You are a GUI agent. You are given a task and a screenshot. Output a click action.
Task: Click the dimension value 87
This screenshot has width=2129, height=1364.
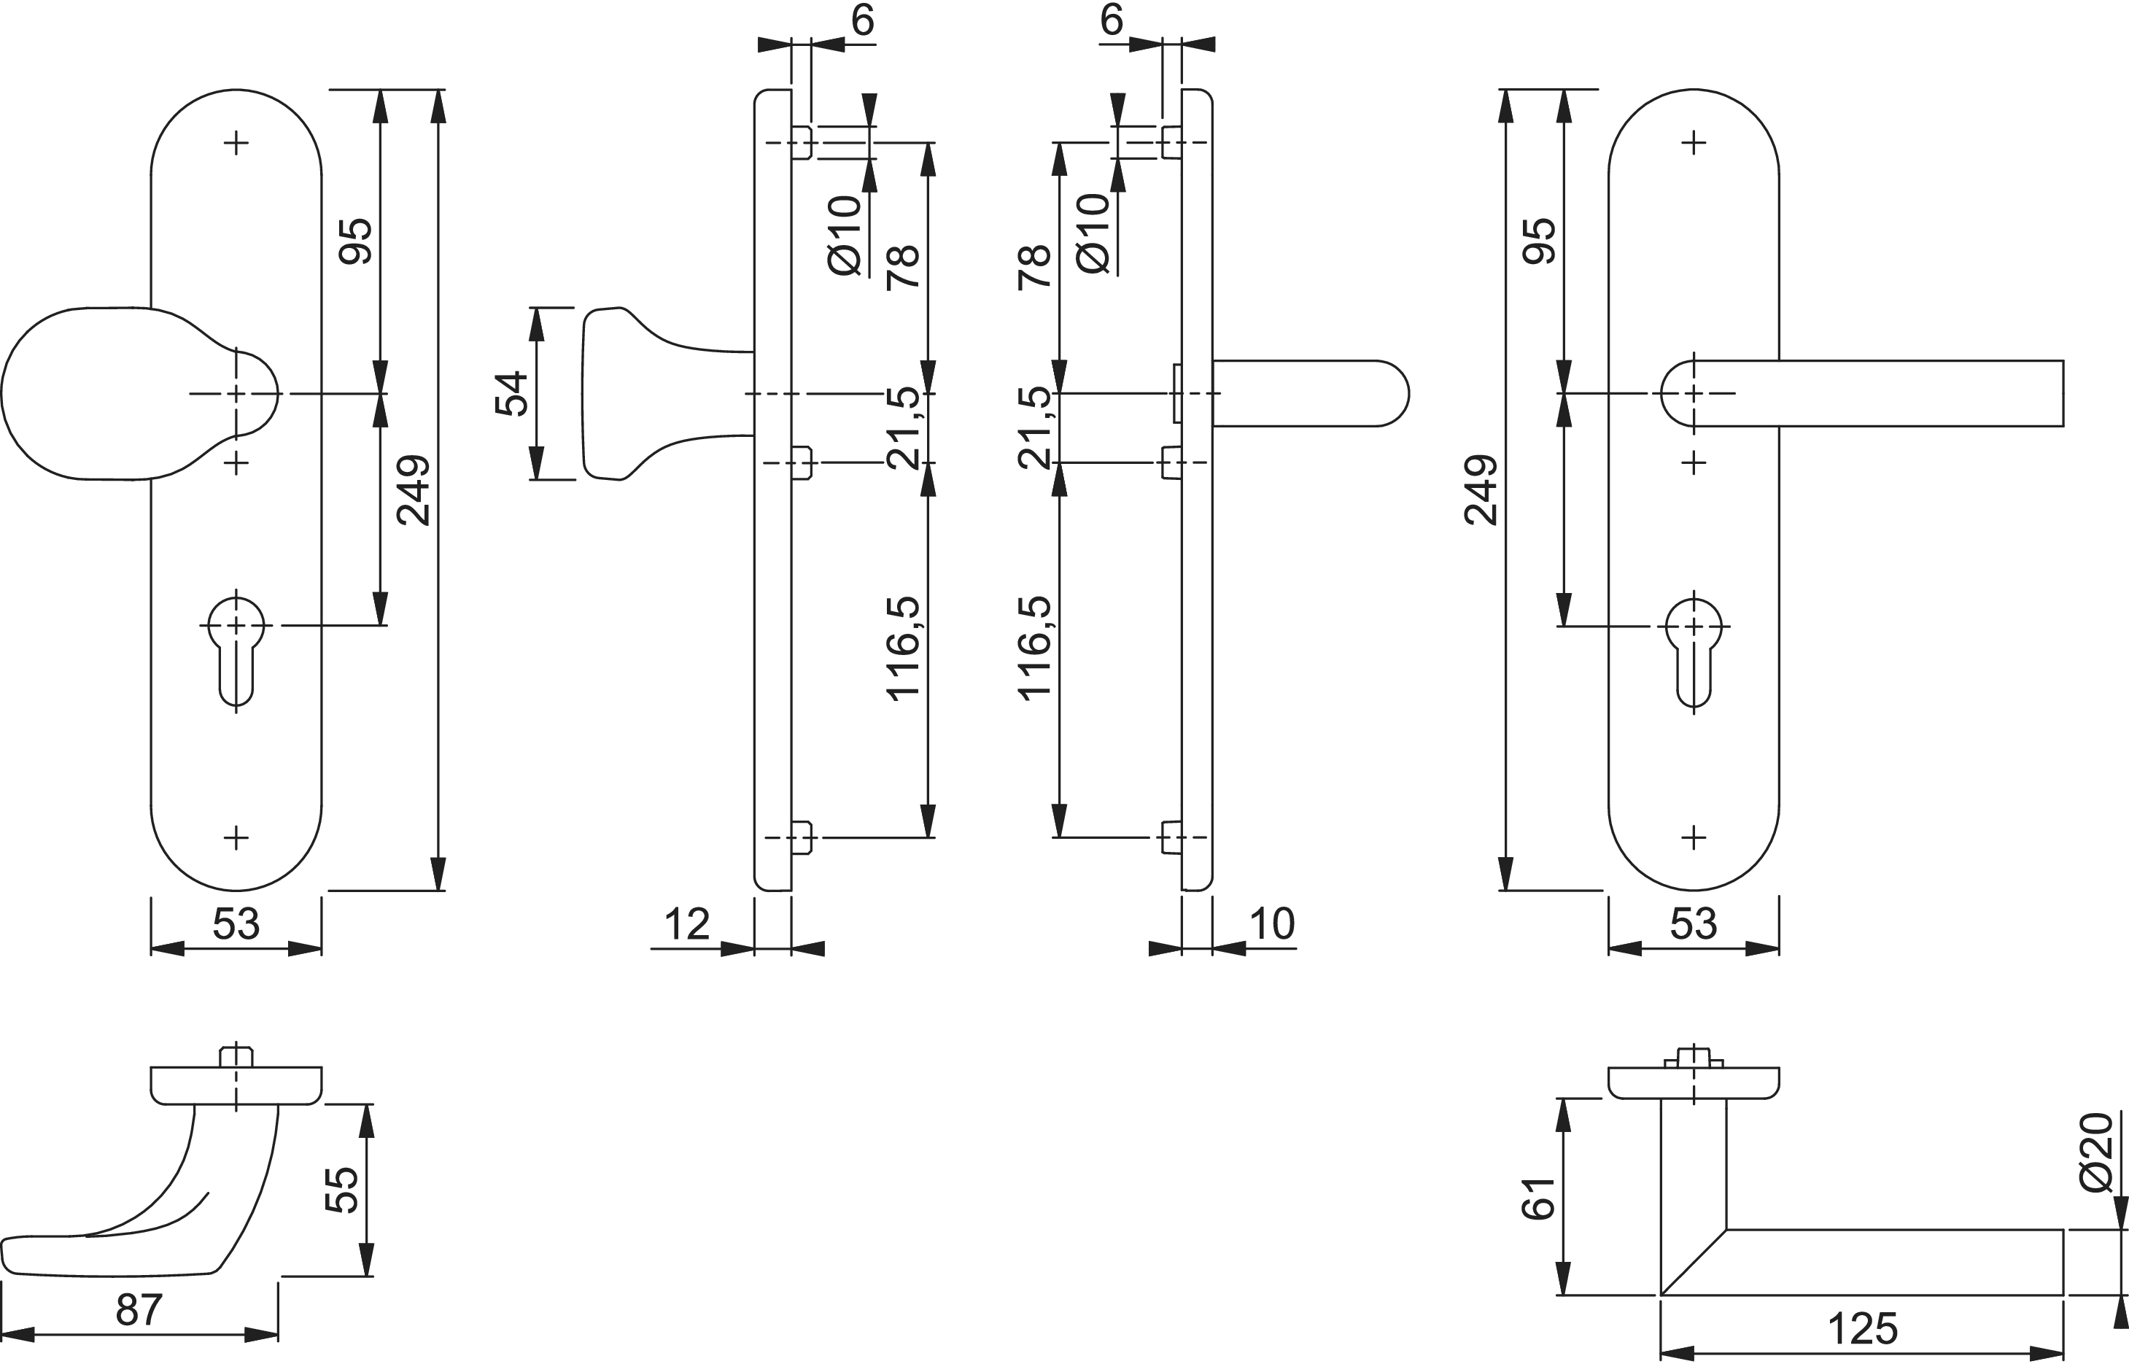pos(139,1310)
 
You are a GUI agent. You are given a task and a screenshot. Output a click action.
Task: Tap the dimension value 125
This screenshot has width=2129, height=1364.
pos(1863,1328)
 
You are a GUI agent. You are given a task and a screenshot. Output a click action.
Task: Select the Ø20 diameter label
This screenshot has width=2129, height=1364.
pos(2096,1152)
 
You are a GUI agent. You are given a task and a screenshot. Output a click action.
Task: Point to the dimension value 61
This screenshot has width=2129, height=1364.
pos(1538,1198)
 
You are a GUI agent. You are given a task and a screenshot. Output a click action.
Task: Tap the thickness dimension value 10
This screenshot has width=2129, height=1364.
pos(1272,923)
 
